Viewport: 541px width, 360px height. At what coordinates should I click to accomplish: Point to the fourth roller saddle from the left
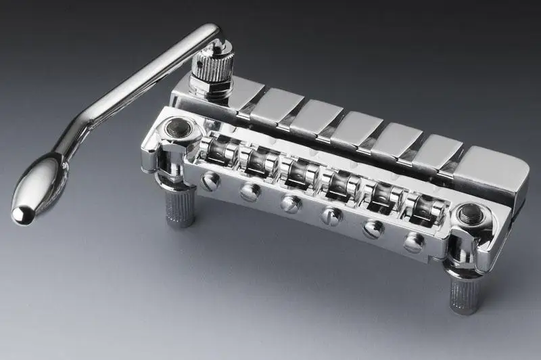[335, 181]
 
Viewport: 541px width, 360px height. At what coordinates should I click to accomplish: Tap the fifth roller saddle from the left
[377, 192]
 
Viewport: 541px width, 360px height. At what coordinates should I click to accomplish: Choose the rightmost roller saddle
[418, 204]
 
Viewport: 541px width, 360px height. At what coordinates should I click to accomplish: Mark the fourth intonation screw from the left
[331, 216]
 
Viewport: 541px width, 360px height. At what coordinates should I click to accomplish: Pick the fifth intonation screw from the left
[373, 229]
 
